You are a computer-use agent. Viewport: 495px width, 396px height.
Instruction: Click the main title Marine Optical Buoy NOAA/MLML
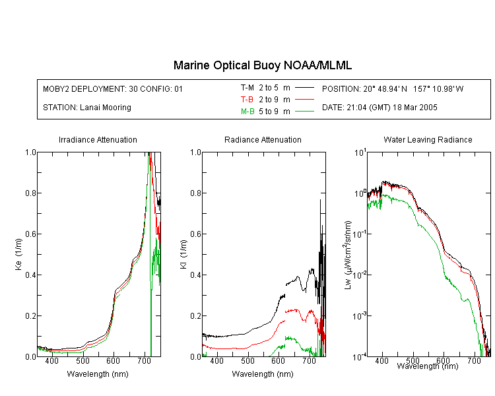tap(262, 65)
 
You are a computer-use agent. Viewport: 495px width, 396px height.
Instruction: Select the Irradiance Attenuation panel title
tap(98, 139)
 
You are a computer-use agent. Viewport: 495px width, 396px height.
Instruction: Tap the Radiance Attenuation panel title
tap(263, 139)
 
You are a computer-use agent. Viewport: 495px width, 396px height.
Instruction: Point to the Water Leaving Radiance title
tap(428, 139)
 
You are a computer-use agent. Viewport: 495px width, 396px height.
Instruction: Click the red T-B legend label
tap(247, 100)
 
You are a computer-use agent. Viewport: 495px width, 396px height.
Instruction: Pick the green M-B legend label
tap(247, 112)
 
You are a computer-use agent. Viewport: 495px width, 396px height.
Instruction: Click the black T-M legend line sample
tap(305, 88)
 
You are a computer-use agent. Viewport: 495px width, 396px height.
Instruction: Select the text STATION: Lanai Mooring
tap(87, 108)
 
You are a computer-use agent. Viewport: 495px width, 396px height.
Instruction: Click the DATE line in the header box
tap(379, 108)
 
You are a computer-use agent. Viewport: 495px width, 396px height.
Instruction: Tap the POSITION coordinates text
tap(393, 88)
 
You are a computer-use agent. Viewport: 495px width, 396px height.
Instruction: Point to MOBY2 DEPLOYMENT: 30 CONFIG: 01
tap(113, 88)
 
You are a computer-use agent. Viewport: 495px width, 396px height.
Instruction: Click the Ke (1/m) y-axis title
tap(18, 254)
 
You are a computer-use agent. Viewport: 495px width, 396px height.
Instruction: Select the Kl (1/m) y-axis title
tap(183, 254)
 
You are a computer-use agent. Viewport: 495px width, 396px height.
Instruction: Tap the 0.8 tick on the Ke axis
tap(30, 193)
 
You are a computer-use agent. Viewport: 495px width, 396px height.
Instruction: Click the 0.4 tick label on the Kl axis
tap(195, 275)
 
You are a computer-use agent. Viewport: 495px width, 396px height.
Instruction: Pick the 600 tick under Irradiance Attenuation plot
tap(113, 361)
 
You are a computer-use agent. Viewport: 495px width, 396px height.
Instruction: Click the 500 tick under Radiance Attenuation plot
tap(247, 361)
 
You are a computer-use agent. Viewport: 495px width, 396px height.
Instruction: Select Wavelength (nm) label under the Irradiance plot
tap(98, 374)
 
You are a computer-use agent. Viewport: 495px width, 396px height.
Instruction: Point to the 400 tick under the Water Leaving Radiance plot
tap(381, 360)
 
